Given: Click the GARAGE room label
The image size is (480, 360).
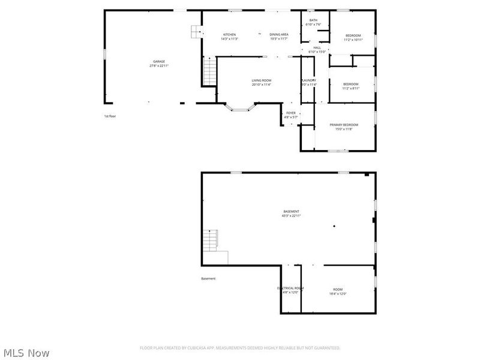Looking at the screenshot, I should pyautogui.click(x=159, y=62).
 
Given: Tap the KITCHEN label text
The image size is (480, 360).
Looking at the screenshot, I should pyautogui.click(x=229, y=35).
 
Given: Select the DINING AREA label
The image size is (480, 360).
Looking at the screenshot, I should pyautogui.click(x=279, y=35).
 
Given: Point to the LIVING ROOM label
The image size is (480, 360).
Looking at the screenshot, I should pyautogui.click(x=262, y=80).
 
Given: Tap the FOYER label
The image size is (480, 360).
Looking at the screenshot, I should pyautogui.click(x=291, y=113).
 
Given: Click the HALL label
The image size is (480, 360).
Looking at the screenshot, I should pyautogui.click(x=317, y=48).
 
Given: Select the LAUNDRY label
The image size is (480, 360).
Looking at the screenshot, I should pyautogui.click(x=309, y=80).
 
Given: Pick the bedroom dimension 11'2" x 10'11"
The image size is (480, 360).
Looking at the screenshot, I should pyautogui.click(x=353, y=40).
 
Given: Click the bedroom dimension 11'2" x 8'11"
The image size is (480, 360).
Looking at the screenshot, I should pyautogui.click(x=351, y=88).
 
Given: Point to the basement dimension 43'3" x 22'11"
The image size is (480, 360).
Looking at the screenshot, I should pyautogui.click(x=292, y=215).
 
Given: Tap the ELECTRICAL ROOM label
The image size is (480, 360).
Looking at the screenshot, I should pyautogui.click(x=290, y=289).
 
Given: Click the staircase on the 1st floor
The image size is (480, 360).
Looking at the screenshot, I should pyautogui.click(x=209, y=71).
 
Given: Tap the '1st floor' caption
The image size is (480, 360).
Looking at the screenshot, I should pyautogui.click(x=110, y=116).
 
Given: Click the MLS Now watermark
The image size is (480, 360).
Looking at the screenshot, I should pyautogui.click(x=26, y=353).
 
